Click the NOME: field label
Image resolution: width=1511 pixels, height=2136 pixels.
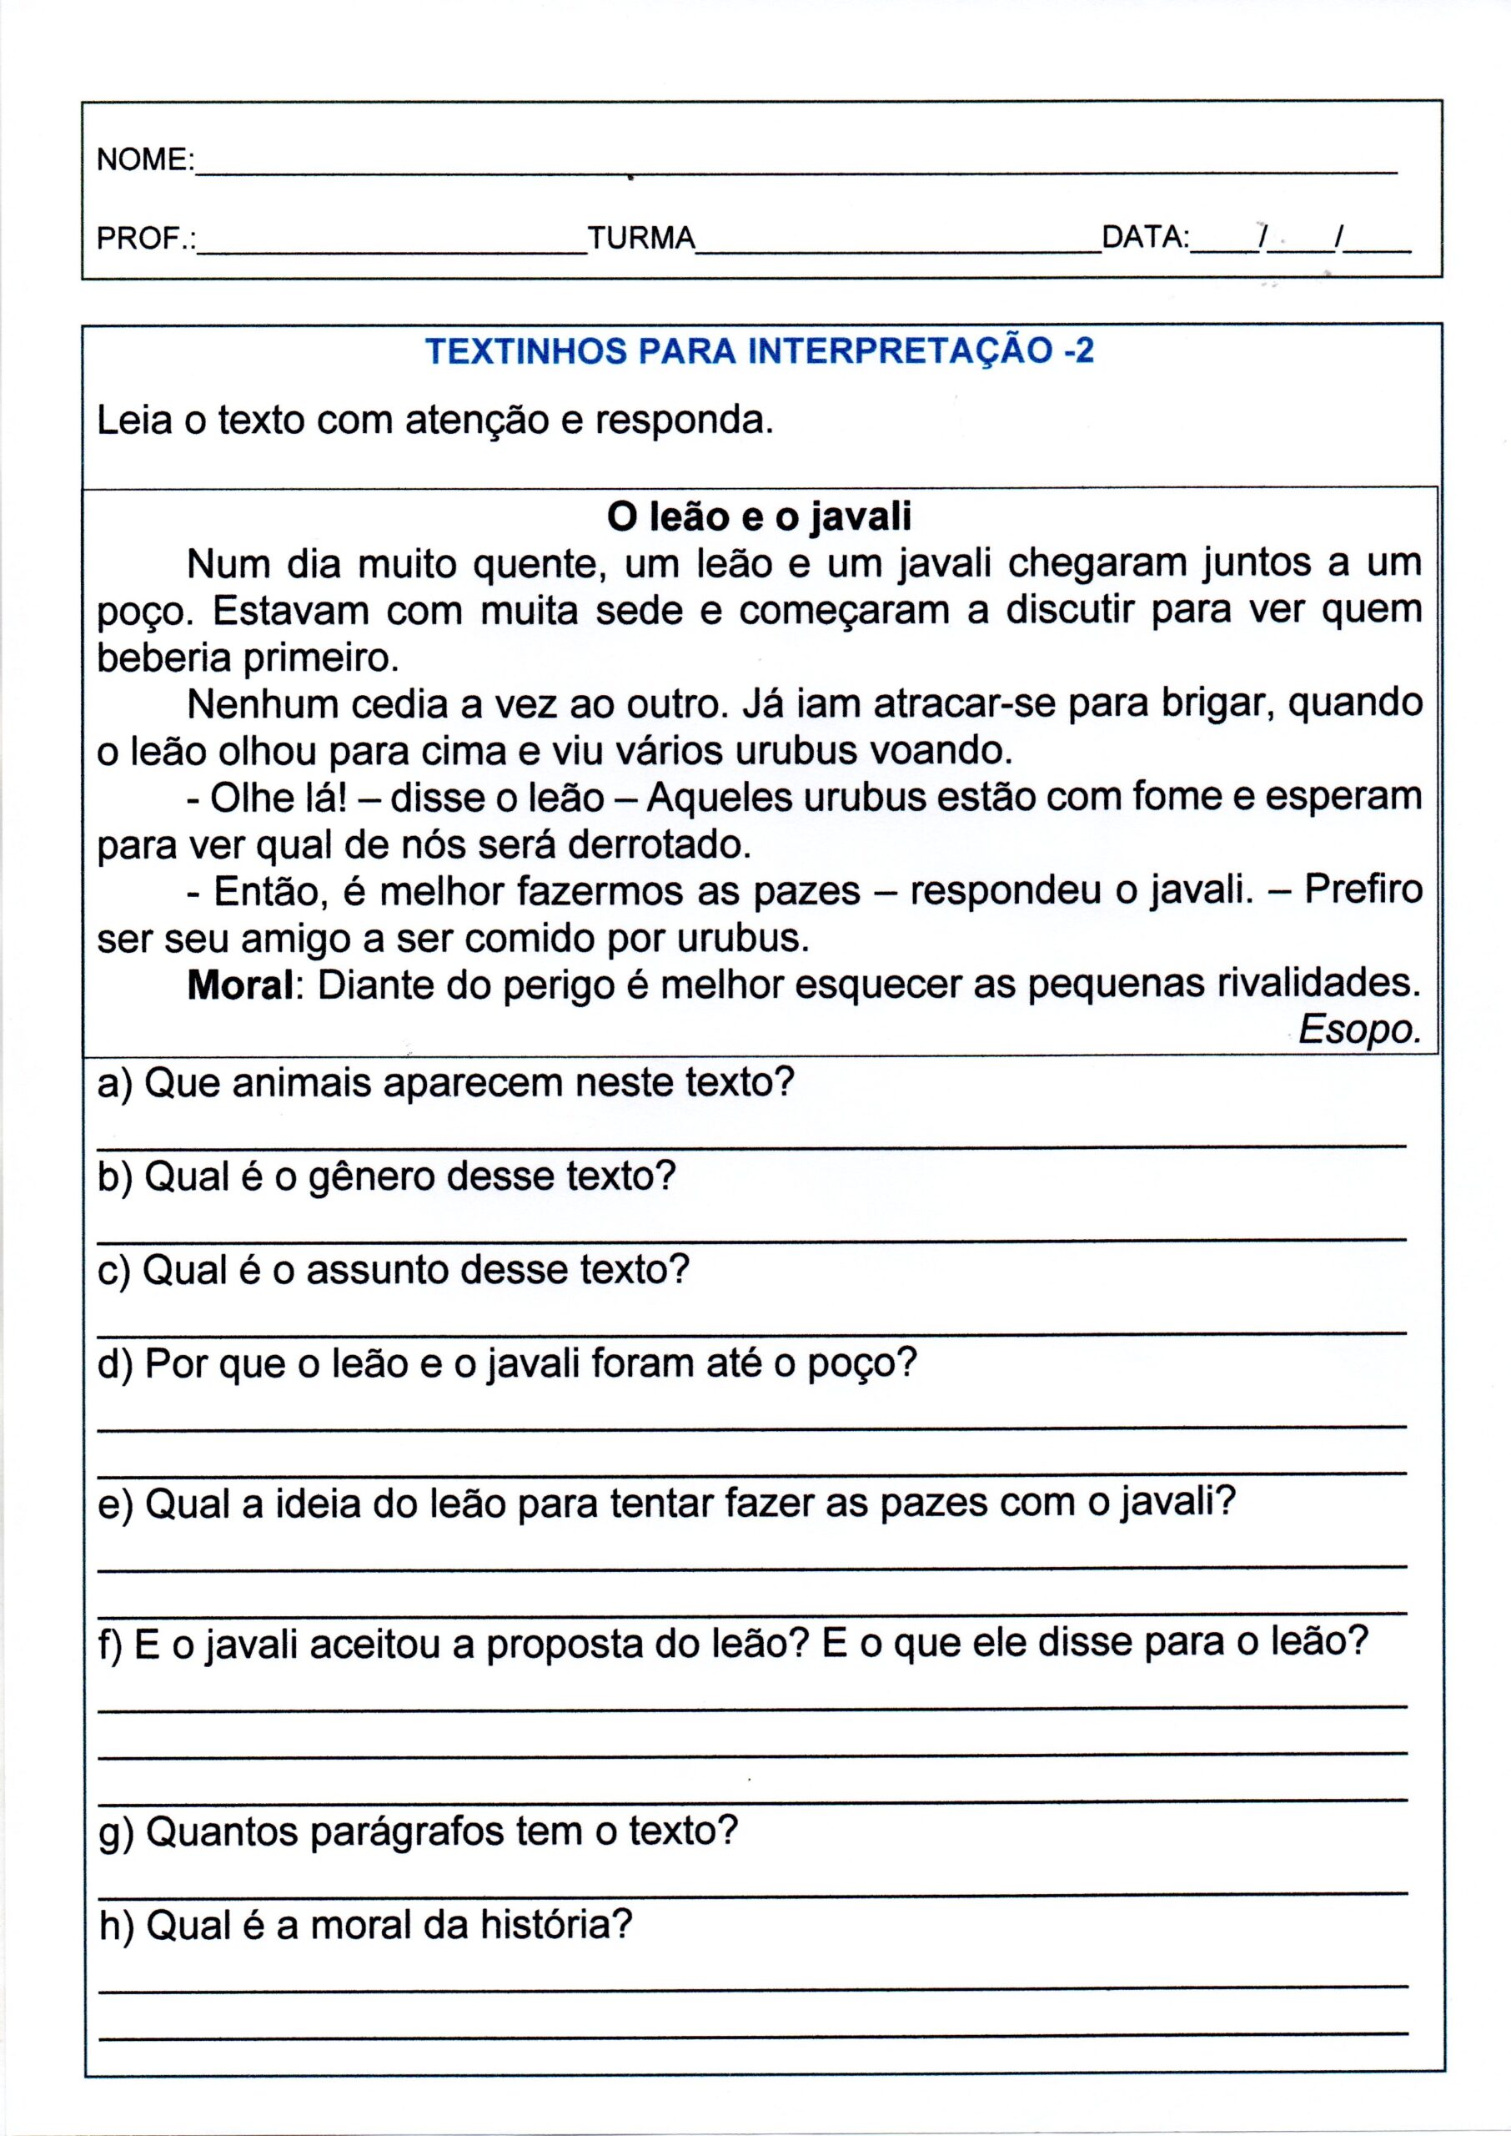point(144,160)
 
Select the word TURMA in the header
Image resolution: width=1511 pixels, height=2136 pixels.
point(641,239)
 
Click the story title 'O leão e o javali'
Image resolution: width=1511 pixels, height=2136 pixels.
point(758,516)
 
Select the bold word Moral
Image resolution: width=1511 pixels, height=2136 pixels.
point(241,985)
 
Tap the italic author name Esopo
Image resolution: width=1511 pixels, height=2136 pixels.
point(1359,1030)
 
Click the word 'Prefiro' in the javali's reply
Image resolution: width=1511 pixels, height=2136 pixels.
point(1363,891)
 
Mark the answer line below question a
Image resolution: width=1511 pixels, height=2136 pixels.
point(752,1146)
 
